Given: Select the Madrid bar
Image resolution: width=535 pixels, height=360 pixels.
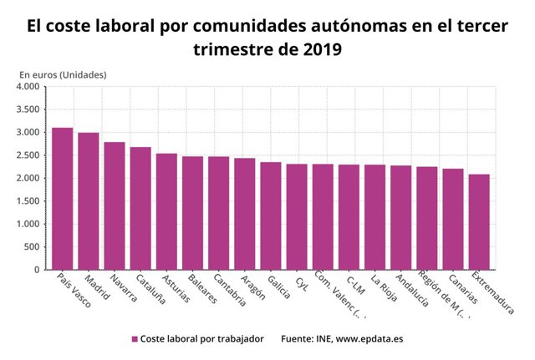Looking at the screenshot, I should tap(89, 201).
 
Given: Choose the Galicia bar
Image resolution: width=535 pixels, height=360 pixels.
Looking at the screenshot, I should tap(271, 215).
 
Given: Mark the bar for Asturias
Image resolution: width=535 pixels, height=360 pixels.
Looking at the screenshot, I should tap(166, 211).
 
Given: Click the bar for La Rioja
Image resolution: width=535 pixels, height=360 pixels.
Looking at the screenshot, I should tap(375, 217).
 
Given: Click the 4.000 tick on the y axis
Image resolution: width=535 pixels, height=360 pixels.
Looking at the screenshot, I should tap(28, 87).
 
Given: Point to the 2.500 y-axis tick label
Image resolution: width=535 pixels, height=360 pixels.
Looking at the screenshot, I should tap(28, 155).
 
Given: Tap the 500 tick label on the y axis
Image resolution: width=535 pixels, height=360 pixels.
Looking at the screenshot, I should tap(32, 247).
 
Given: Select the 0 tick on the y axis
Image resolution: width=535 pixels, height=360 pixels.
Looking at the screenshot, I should tap(37, 270).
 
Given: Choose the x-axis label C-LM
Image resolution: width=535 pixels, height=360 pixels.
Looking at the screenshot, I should tap(354, 284).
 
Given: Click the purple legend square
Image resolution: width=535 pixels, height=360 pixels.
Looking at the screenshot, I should tap(134, 339).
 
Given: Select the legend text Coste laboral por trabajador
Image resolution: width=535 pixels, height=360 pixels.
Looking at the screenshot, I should tap(201, 339).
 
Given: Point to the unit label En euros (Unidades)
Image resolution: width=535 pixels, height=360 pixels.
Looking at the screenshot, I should tap(63, 75).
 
